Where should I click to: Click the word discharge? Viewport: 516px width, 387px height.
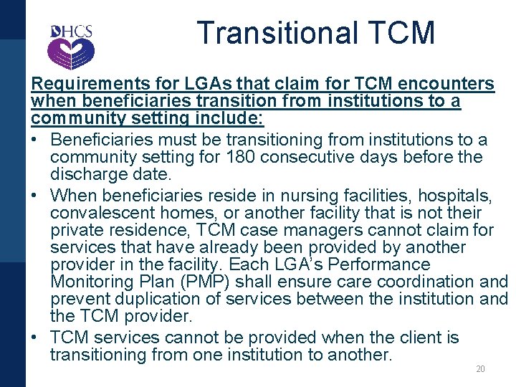point(87,174)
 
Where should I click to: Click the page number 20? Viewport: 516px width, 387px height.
point(480,369)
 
